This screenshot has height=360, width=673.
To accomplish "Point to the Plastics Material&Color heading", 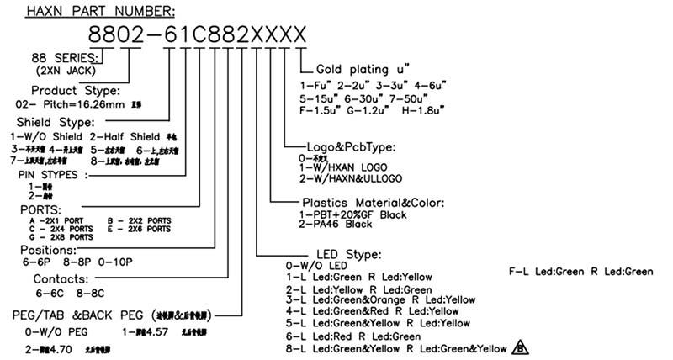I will pos(373,203).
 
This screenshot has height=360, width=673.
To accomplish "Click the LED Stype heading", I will pos(348,254).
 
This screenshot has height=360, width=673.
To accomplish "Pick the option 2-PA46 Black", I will pos(336,225).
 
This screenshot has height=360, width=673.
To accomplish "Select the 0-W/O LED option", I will pos(316,265).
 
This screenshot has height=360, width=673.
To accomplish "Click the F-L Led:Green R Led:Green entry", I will pos(581,271).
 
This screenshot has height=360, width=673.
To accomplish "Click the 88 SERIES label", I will pos(66,57).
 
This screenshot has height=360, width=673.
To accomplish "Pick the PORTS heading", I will pos(40,209).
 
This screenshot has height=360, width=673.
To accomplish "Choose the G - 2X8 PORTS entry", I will pos(60,237).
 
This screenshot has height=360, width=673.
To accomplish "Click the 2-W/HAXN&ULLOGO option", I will pos(350,178).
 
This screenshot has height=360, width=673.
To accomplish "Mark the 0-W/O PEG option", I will pos(57,331).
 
